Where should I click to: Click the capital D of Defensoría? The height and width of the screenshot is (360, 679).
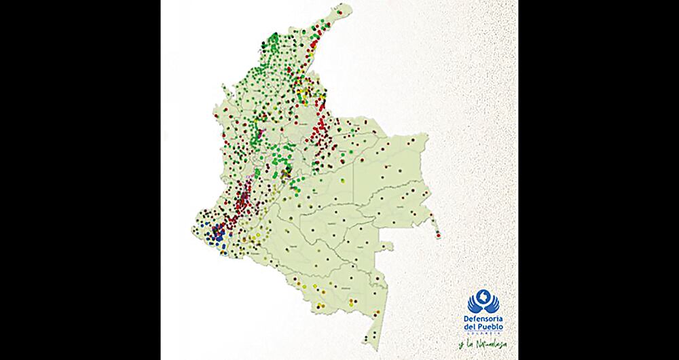[468, 319]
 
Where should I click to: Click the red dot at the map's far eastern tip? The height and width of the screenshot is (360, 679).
[439, 235]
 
